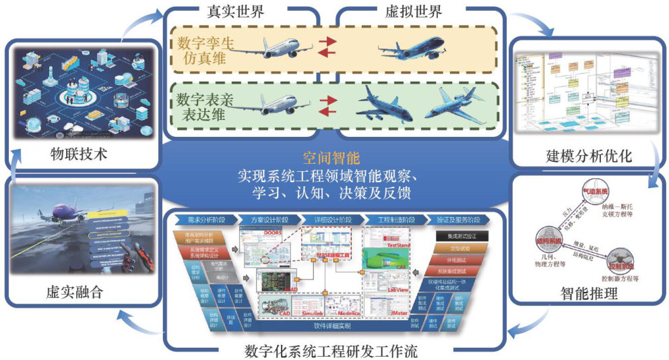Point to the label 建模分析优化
(588, 156)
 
